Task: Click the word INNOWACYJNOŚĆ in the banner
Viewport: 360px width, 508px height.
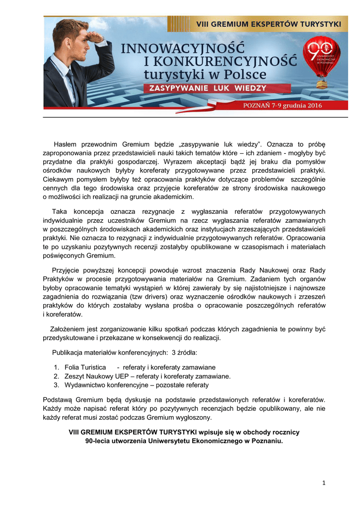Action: (x=183, y=49)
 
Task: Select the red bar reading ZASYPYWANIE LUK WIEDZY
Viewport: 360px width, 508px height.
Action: (x=205, y=88)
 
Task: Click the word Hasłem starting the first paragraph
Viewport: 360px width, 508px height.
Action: (x=68, y=144)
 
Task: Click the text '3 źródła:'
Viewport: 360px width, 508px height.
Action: (x=184, y=353)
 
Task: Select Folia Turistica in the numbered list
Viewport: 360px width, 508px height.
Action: (x=85, y=367)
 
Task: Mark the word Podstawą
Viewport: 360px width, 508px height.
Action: (x=58, y=399)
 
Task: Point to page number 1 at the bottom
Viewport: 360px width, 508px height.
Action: (x=323, y=483)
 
